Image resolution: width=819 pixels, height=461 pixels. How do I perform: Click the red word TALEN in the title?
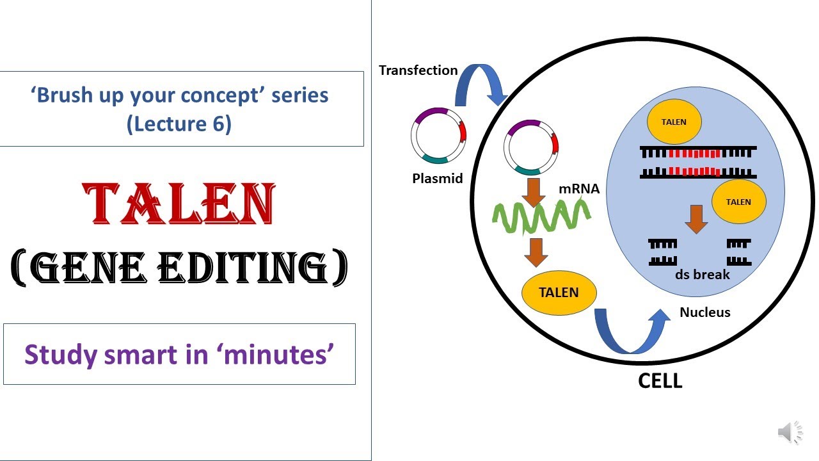coord(179,204)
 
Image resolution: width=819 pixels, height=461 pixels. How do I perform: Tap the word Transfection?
coord(418,70)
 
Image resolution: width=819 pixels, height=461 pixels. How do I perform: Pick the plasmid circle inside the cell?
coord(531,147)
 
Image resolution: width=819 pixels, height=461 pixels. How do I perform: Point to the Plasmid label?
coord(437,179)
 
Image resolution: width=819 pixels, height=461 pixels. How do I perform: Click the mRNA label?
coord(579,189)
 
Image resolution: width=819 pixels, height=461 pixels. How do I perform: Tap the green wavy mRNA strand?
coord(541,218)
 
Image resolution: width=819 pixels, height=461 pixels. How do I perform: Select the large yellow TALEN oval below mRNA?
coord(559,293)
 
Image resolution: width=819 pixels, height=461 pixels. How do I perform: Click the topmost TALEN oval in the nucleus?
coord(674,122)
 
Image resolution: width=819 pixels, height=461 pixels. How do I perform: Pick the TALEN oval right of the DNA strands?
coord(738,202)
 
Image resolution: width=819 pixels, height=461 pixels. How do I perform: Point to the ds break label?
coord(702,275)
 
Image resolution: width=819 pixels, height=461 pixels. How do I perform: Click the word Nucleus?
coord(704,312)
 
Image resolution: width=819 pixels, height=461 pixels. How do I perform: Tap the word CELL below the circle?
coord(660,381)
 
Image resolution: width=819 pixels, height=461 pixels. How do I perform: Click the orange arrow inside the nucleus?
coord(696,219)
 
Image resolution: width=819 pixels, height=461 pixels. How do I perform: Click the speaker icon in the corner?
coord(790,433)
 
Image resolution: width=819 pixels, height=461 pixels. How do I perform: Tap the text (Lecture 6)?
coord(179,123)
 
